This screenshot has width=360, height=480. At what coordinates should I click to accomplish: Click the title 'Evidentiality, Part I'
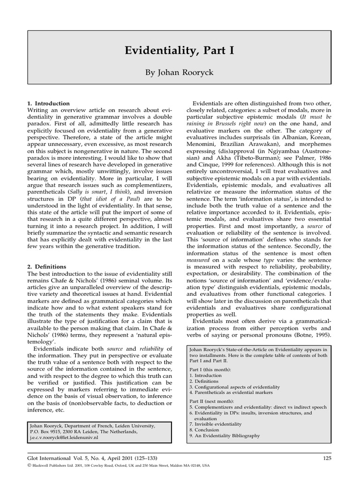pyautogui.click(x=180, y=51)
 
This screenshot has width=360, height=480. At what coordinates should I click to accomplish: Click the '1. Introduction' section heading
pyautogui.click(x=49, y=103)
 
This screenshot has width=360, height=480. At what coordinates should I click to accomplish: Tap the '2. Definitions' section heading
pyautogui.click(x=47, y=266)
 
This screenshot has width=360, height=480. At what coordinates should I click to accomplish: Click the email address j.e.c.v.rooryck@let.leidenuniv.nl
pyautogui.click(x=64, y=437)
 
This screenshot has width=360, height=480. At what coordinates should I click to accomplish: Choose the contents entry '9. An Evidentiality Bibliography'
pyautogui.click(x=225, y=435)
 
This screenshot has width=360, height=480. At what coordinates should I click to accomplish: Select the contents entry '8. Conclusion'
pyautogui.click(x=204, y=429)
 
